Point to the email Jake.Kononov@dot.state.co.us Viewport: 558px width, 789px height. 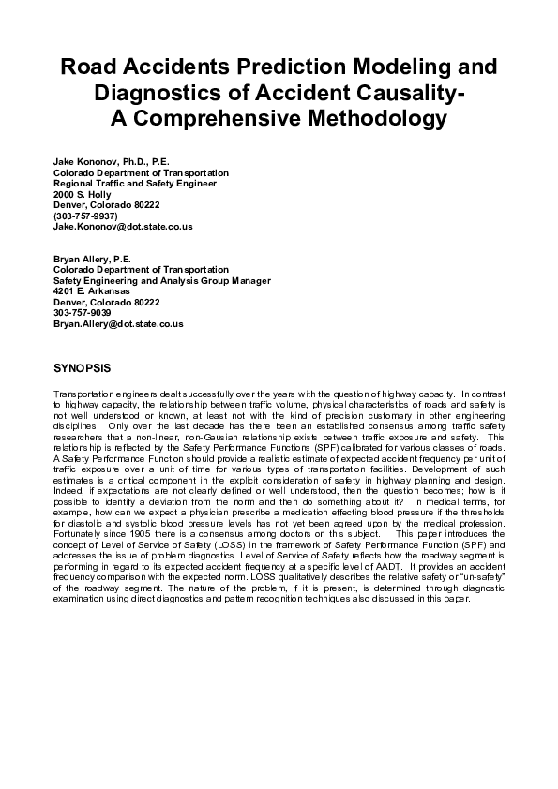point(123,227)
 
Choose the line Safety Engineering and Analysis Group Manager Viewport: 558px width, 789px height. point(162,281)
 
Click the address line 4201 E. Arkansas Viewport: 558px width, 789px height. point(92,291)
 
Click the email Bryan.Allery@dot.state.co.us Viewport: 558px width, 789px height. point(118,324)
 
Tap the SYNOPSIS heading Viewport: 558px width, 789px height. point(83,369)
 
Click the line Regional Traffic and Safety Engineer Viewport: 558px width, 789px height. point(135,184)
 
